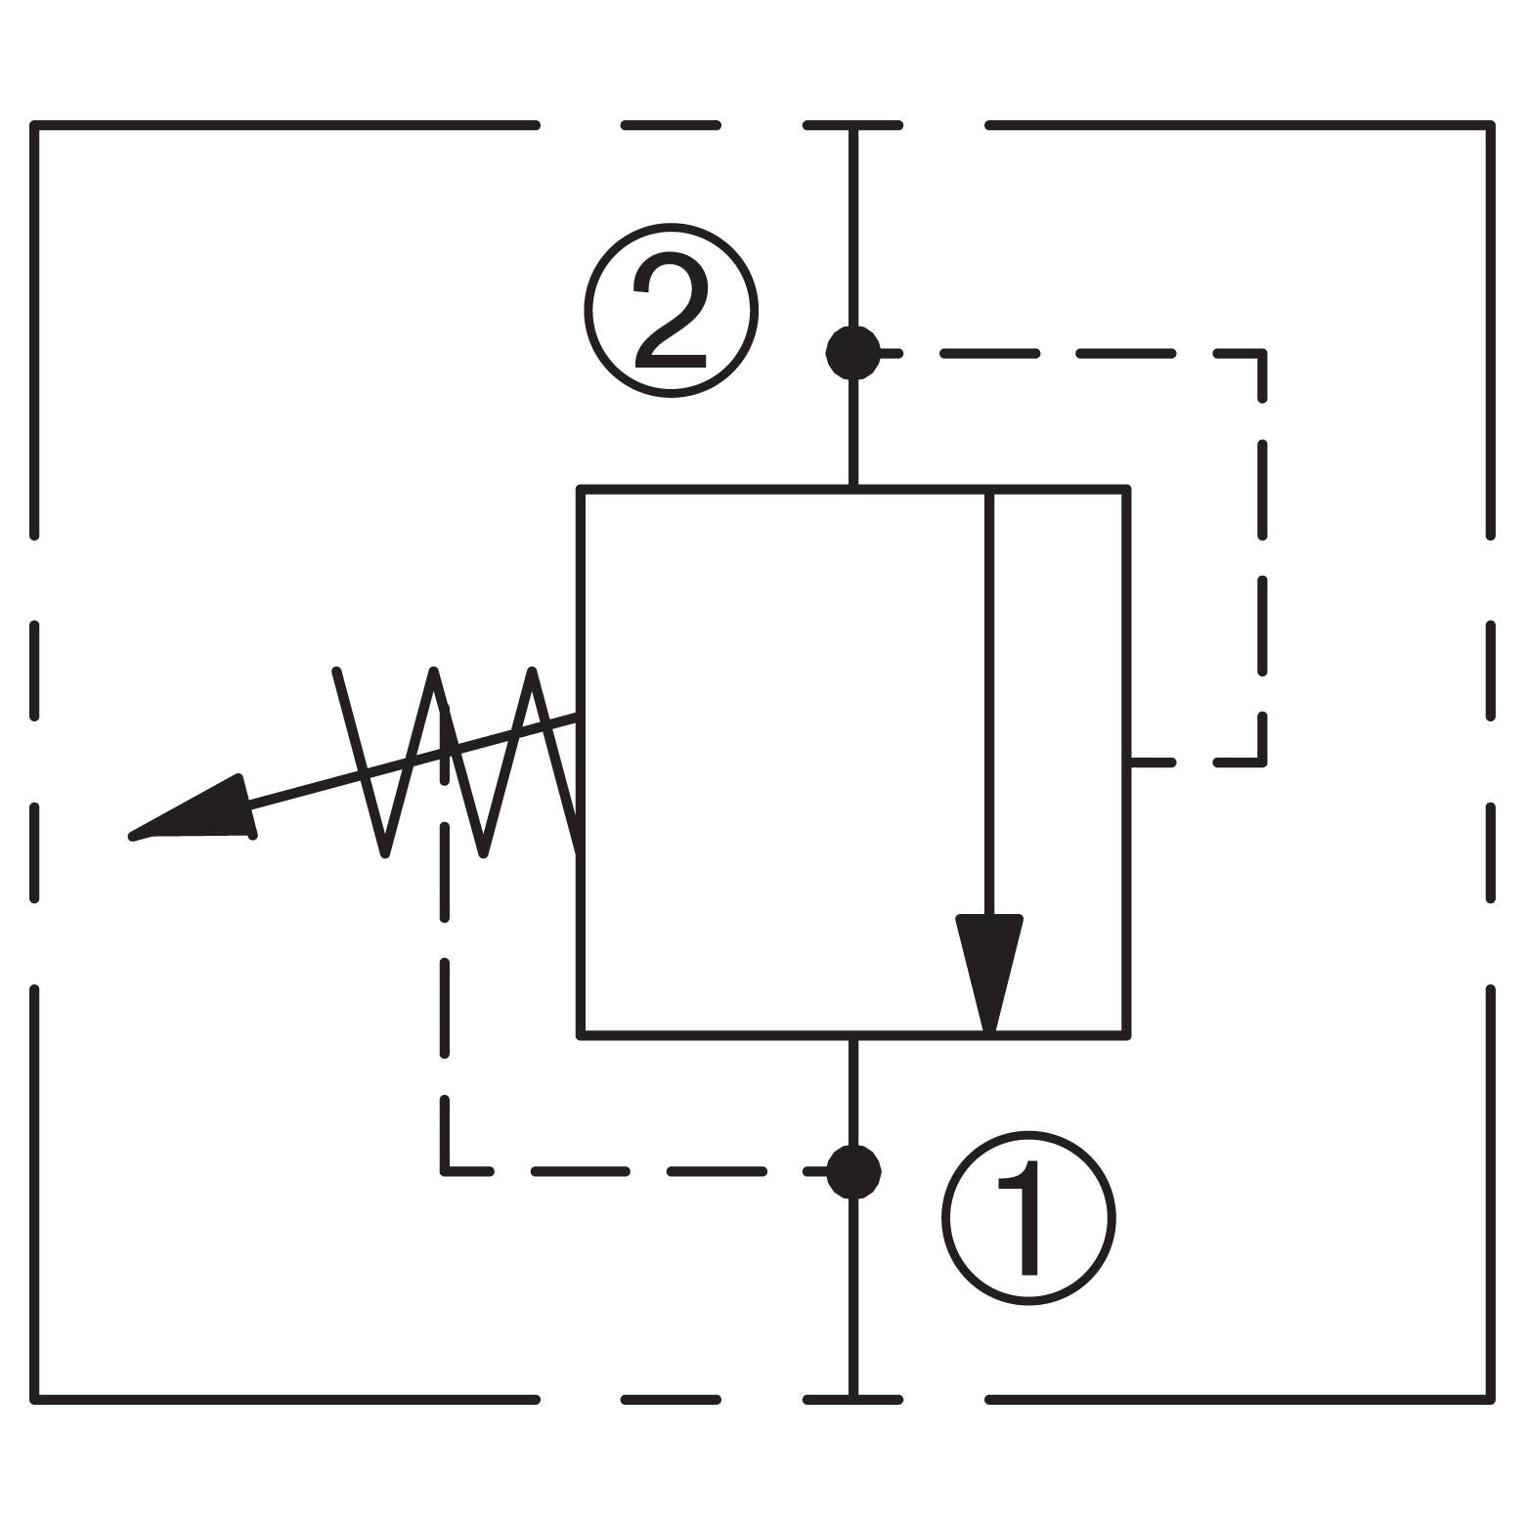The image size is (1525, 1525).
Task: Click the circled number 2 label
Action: click(x=671, y=311)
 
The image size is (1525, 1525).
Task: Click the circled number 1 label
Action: click(x=1028, y=1218)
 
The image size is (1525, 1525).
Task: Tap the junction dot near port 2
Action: click(x=853, y=352)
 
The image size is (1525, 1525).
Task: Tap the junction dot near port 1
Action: click(x=853, y=1171)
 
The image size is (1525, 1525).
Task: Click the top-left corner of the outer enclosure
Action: click(x=35, y=126)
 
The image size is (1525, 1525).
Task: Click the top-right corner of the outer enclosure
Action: click(x=1490, y=126)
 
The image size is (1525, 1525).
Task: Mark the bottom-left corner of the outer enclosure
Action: click(x=35, y=1400)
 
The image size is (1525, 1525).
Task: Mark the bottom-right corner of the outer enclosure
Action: click(x=1490, y=1400)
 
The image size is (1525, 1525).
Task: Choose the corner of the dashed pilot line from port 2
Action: click(x=1263, y=353)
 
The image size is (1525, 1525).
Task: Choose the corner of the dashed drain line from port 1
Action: click(x=446, y=1170)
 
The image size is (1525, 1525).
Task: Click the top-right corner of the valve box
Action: click(x=1127, y=489)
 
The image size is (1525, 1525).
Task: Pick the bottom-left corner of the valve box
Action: click(x=582, y=1033)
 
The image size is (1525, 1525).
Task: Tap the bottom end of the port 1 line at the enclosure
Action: click(x=853, y=1399)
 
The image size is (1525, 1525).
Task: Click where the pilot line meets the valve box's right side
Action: click(x=1129, y=762)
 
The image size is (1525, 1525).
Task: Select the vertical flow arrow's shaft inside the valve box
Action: click(x=989, y=704)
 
